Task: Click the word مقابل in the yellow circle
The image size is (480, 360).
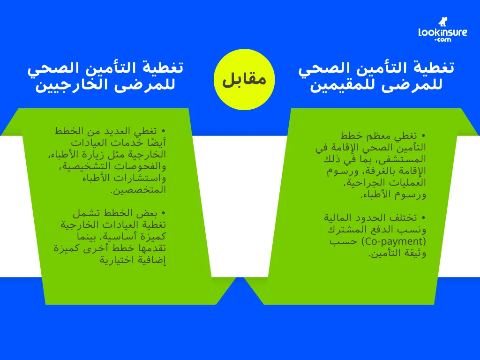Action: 244,79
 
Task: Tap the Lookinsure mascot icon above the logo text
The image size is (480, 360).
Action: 443,22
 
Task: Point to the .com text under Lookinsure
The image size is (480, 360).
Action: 442,41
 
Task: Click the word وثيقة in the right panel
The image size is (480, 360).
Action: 414,253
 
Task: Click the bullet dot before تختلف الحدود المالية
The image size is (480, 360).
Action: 423,218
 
